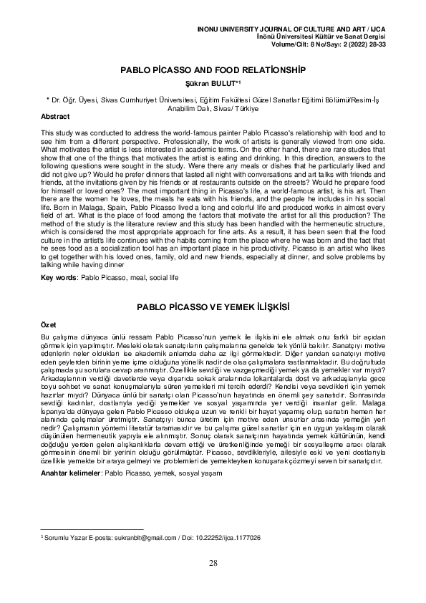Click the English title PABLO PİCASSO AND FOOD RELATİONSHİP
213,72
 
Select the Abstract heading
56,116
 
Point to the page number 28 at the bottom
213,562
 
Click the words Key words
59,276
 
